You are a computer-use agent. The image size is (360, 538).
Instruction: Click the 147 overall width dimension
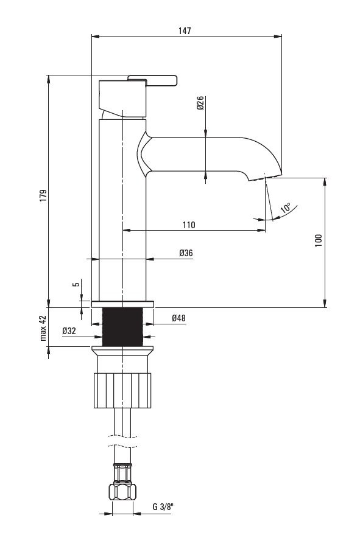[185, 30]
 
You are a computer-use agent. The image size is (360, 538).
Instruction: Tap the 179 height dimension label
[43, 195]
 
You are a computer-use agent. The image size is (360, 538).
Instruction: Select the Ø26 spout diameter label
[200, 103]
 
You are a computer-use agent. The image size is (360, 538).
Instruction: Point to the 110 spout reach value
[189, 225]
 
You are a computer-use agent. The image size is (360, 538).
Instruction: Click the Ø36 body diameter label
[186, 253]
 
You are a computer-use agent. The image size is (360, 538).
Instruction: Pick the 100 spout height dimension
[319, 240]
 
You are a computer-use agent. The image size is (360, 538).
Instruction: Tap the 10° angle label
[286, 208]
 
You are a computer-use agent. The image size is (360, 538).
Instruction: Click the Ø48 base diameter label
[178, 318]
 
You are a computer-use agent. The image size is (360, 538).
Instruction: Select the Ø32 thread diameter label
[69, 330]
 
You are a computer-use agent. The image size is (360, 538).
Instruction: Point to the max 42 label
[43, 328]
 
